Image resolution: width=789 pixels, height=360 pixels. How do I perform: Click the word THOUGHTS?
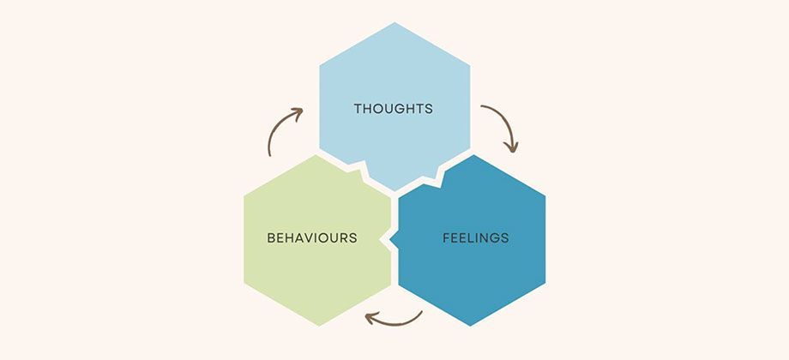394,109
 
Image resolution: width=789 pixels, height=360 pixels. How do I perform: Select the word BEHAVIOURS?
312,237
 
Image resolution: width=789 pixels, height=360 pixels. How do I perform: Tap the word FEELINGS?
476,237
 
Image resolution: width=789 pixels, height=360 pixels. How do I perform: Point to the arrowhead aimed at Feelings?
511,147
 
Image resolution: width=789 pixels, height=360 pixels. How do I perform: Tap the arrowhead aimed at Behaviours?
371,318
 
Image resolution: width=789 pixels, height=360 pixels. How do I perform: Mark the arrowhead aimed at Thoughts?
297,113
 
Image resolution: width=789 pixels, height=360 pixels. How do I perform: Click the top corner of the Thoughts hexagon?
395,22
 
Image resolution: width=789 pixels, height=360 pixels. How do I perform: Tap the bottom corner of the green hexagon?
317,326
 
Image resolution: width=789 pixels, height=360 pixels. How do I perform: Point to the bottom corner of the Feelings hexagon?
471,326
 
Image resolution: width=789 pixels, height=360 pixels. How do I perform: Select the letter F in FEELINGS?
446,237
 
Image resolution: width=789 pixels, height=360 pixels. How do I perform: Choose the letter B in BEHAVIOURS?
271,237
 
